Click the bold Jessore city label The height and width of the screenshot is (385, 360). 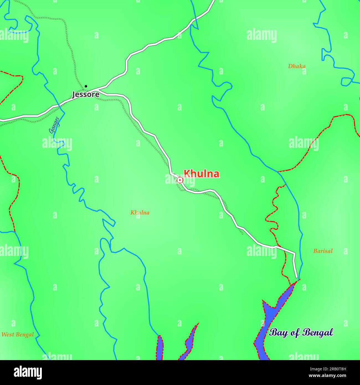click(x=85, y=95)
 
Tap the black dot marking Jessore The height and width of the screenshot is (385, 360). click(x=86, y=86)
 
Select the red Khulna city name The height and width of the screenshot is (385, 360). click(x=202, y=174)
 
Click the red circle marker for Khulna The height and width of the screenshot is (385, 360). click(x=180, y=180)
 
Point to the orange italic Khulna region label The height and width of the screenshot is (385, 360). click(x=140, y=213)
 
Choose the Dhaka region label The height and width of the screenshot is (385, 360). click(x=297, y=66)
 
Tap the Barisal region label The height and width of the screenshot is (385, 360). click(x=323, y=251)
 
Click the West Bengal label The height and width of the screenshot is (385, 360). click(x=17, y=335)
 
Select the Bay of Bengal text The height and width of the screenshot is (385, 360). click(x=301, y=332)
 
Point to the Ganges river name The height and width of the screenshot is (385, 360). click(x=54, y=125)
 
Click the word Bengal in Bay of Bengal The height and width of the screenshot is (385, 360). click(x=317, y=332)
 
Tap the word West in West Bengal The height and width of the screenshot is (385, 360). click(x=7, y=335)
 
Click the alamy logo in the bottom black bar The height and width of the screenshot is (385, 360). click(x=28, y=372)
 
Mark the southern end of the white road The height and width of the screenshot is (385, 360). click(x=297, y=277)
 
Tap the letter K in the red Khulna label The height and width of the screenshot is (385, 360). click(x=187, y=174)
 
